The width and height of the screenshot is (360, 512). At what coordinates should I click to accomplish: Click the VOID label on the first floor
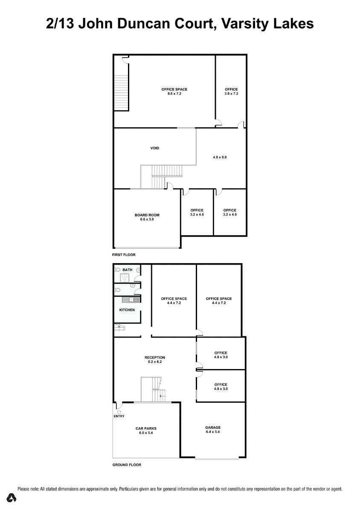154,148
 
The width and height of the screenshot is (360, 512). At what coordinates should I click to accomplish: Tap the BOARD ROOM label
147,215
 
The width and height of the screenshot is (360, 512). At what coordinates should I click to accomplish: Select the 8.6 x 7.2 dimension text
174,93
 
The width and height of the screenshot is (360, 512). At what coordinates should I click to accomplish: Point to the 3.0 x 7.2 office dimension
231,93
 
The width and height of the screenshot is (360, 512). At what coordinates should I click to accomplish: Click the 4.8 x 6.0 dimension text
220,157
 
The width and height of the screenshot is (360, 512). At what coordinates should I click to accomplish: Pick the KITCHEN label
127,310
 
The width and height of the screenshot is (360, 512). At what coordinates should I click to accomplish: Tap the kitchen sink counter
130,300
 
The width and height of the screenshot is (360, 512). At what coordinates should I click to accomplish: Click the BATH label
127,270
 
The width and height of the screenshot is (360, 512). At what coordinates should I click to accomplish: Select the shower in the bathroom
125,278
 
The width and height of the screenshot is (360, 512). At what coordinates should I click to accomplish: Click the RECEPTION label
155,358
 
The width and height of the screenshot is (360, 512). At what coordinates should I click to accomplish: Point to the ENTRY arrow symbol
119,412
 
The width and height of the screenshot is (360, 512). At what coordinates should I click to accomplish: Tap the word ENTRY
119,416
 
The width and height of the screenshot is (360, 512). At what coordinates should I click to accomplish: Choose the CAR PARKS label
146,428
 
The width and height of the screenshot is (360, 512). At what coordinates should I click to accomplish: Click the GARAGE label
213,428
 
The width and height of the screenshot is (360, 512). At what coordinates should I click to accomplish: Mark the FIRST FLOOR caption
124,255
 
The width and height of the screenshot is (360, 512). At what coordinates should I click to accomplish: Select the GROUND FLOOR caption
127,465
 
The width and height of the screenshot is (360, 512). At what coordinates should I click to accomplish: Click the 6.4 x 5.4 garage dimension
213,432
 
